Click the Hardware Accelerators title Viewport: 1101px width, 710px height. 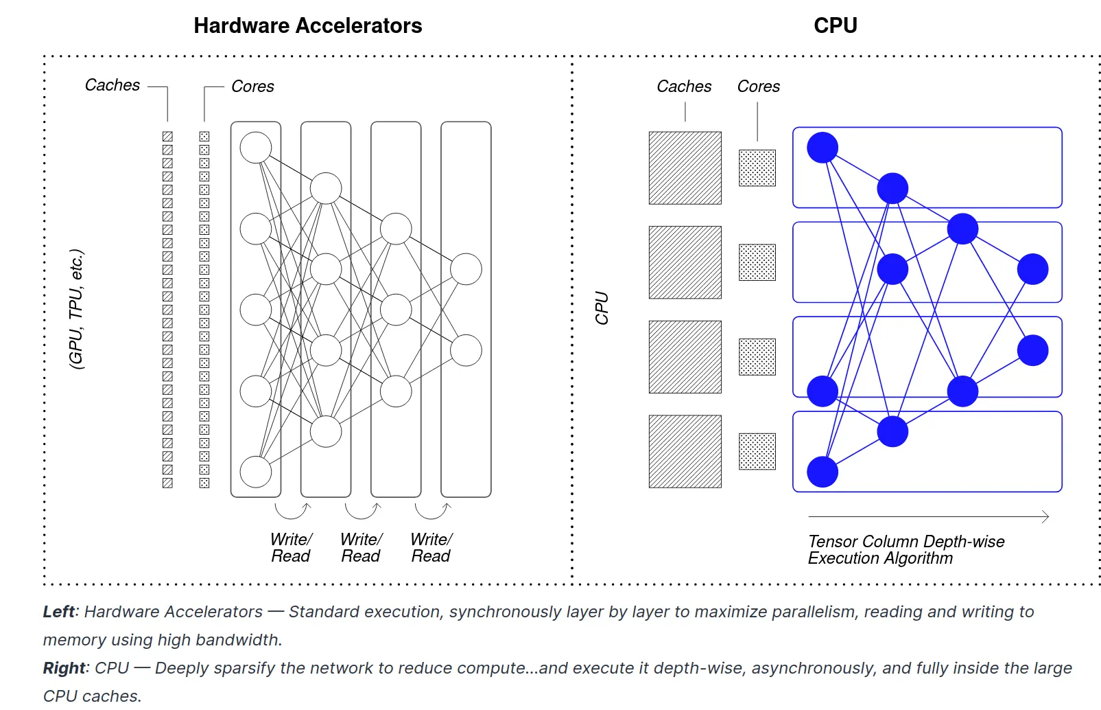[307, 26]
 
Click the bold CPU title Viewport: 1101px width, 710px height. [835, 26]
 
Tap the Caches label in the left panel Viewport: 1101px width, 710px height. [113, 85]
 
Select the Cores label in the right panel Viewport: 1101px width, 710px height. [758, 87]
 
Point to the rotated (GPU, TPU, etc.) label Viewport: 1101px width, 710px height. [76, 309]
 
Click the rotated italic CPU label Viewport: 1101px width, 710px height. [602, 308]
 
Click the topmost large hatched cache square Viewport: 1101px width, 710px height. [685, 168]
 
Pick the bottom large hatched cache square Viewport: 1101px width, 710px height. [685, 451]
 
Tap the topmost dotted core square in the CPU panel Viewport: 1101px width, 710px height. [757, 168]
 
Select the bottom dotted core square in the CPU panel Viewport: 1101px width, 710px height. [757, 451]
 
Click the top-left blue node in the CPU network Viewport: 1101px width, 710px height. [822, 147]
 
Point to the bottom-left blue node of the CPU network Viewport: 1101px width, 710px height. [822, 472]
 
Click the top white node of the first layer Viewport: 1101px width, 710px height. [256, 147]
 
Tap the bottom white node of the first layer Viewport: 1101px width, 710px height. [256, 472]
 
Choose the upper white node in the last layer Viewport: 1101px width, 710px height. [466, 269]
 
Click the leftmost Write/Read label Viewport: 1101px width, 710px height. [291, 548]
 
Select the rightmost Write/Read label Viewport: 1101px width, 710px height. [431, 548]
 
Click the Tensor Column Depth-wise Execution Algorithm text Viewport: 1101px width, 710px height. [905, 550]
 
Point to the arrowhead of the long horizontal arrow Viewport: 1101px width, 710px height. [1046, 516]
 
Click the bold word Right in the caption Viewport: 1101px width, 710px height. [64, 668]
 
